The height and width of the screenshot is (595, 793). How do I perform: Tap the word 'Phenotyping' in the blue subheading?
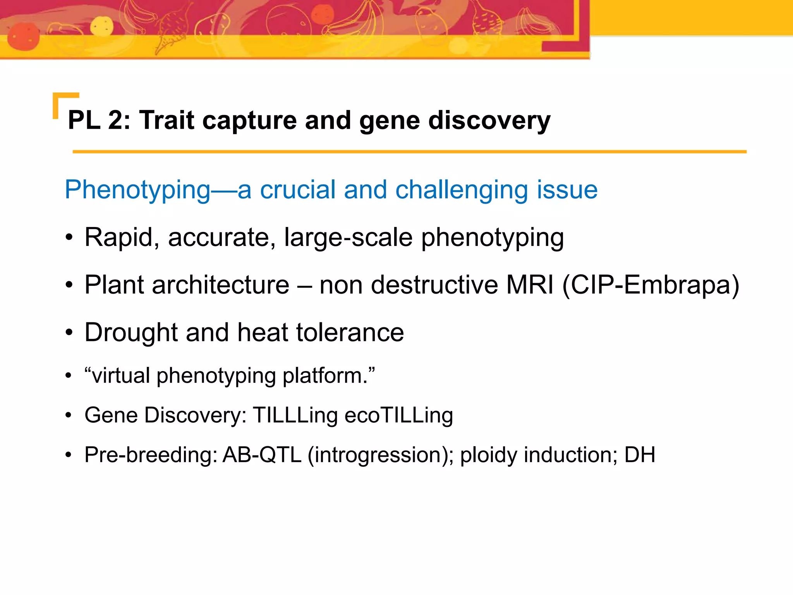point(137,191)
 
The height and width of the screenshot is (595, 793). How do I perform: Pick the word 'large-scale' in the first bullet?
point(348,237)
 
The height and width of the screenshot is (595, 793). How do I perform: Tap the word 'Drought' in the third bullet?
point(131,333)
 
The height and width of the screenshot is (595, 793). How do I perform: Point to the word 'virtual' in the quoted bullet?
point(121,375)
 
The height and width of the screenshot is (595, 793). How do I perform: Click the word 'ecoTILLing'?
point(398,416)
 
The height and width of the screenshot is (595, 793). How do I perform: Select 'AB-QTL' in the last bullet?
point(262,455)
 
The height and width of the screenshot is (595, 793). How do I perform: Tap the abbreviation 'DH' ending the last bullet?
point(640,455)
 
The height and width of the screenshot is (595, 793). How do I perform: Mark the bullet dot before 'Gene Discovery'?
point(69,416)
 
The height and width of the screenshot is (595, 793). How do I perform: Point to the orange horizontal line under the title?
point(409,152)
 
